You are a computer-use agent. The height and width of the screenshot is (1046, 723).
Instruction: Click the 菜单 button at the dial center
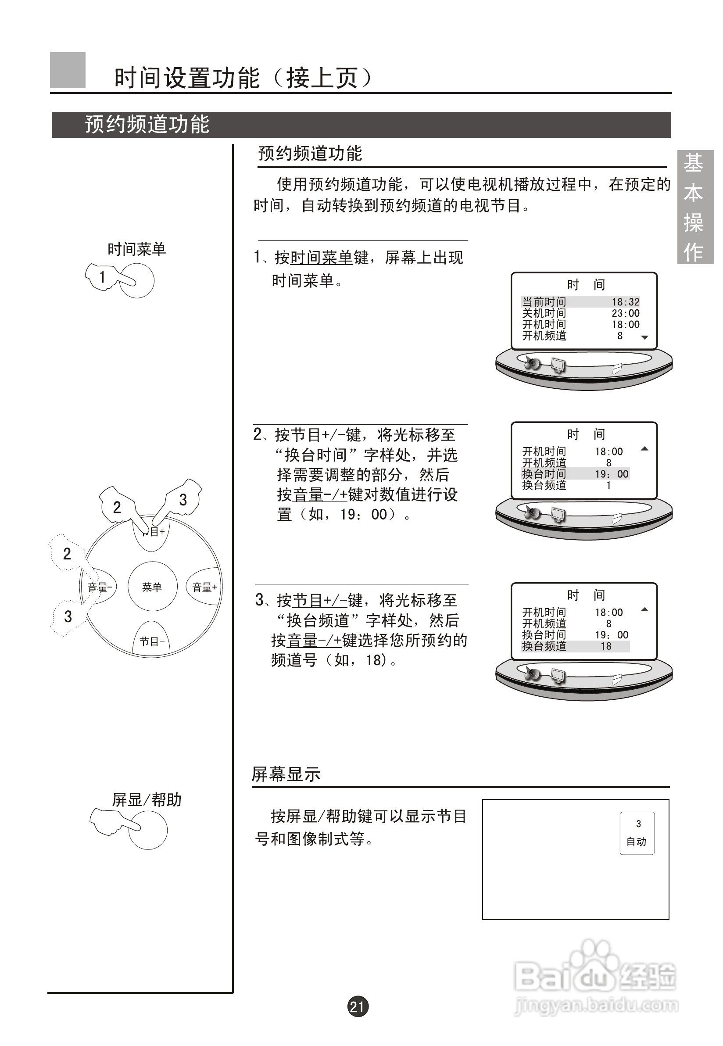(x=152, y=587)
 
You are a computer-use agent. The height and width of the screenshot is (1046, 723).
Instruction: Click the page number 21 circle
(x=358, y=1007)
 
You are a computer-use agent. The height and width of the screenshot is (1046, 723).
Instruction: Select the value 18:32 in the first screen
(x=626, y=302)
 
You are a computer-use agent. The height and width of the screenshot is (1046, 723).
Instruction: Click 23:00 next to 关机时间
(x=626, y=313)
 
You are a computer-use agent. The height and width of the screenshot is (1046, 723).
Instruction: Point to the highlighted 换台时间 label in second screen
(x=544, y=474)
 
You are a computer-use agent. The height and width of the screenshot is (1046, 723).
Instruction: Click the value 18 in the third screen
(x=606, y=646)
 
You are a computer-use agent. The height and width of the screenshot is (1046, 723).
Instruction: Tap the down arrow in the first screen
(x=645, y=337)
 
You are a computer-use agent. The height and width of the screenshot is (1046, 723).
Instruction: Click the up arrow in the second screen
(x=645, y=449)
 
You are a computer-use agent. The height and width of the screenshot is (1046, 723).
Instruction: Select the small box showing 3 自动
(x=637, y=833)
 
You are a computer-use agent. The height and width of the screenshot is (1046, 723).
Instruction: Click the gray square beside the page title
(x=68, y=70)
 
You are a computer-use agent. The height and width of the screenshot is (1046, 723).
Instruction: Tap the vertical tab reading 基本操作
(x=695, y=207)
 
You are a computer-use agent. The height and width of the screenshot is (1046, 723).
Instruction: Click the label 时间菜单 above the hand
(x=136, y=249)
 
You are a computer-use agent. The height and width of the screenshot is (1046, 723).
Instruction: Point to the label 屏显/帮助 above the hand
(x=147, y=799)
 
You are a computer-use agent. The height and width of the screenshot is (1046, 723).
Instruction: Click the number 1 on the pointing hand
(x=102, y=277)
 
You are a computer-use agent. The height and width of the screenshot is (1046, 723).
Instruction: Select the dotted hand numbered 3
(x=68, y=616)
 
